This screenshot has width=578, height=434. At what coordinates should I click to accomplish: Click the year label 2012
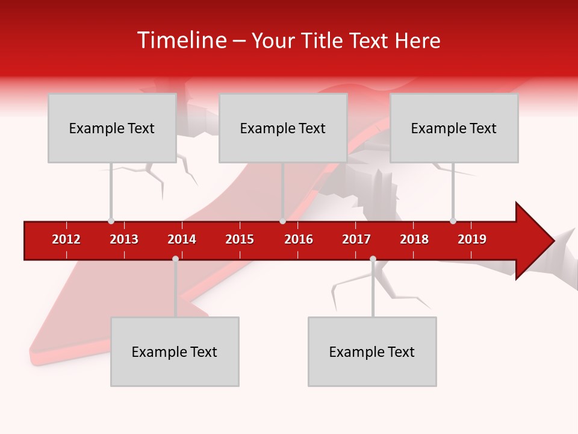tap(66, 239)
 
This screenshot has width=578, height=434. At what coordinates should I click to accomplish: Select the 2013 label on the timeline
tap(124, 239)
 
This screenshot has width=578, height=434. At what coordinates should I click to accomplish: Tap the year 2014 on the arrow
tap(182, 239)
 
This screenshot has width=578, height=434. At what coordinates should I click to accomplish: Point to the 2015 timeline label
tap(240, 239)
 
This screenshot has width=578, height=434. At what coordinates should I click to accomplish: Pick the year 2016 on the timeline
tap(299, 239)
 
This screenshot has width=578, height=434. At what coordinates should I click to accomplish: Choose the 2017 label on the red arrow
tap(356, 239)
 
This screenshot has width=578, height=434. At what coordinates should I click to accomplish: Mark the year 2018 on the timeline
tap(414, 239)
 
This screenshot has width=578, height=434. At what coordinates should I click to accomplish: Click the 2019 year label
tap(472, 239)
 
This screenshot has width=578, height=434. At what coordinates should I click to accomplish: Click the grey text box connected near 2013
tap(112, 128)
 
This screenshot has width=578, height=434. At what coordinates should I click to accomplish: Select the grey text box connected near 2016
tap(283, 128)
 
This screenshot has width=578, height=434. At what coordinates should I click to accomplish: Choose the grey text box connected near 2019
tap(454, 128)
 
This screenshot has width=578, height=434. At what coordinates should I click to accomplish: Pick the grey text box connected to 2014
tap(175, 351)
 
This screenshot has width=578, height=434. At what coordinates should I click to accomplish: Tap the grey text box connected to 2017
tap(372, 351)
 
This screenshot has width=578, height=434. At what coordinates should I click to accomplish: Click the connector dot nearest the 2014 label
tap(175, 259)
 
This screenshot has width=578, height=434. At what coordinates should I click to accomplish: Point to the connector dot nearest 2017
tap(373, 259)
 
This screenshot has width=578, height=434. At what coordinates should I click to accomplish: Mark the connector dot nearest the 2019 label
tap(453, 221)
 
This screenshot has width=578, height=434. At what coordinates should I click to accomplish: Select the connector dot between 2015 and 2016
tap(282, 221)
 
